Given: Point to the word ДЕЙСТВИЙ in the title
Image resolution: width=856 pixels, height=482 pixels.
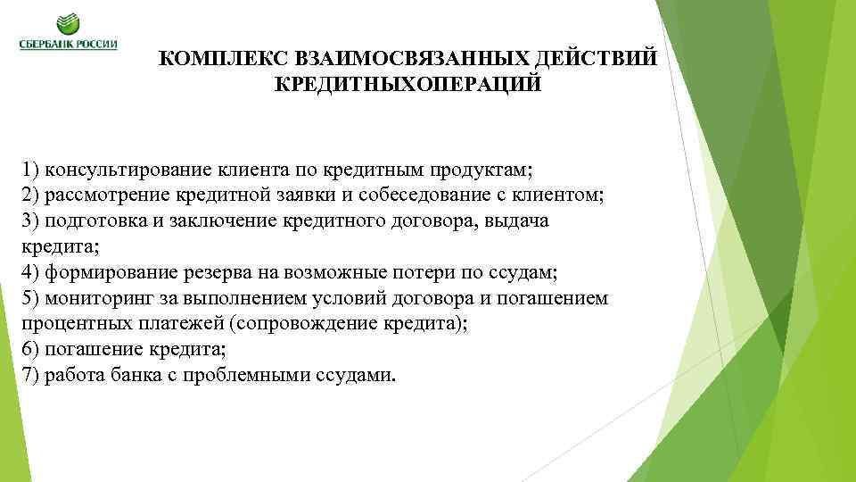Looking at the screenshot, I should tap(597, 59).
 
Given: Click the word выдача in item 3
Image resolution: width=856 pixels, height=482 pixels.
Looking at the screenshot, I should tap(517, 221).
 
